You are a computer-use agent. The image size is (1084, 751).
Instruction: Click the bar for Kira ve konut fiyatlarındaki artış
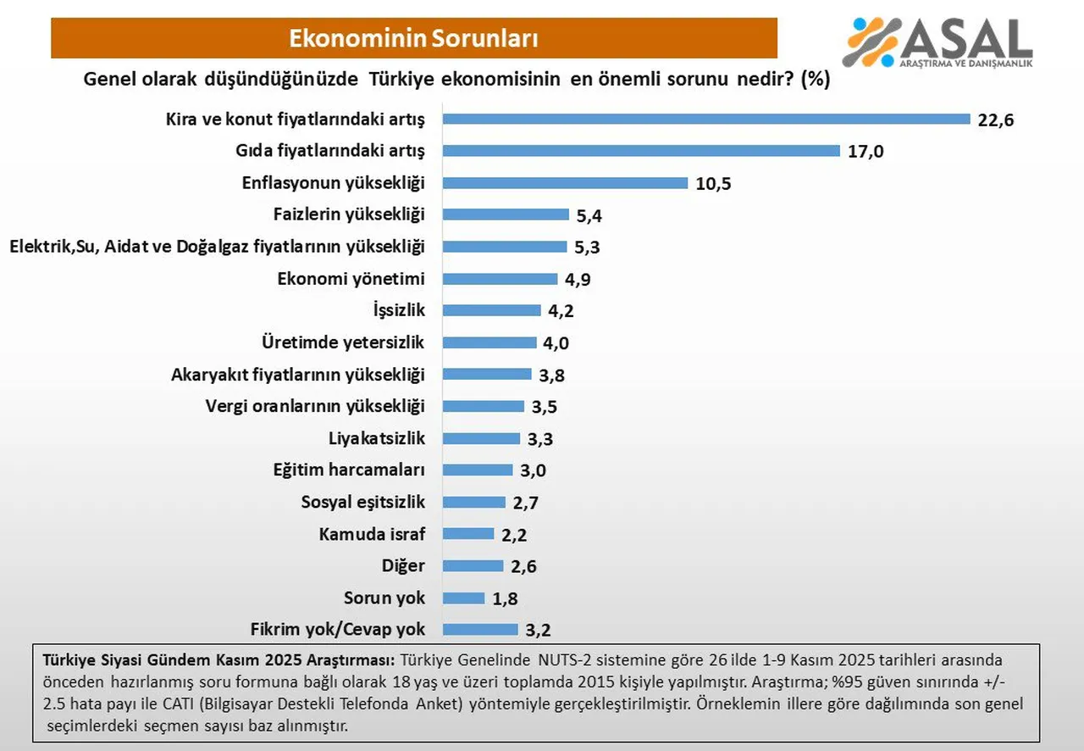(706, 119)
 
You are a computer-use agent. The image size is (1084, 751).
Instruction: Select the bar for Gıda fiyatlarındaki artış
(641, 151)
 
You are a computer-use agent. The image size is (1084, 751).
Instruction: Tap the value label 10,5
(713, 183)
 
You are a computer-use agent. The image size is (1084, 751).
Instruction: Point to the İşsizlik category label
(398, 310)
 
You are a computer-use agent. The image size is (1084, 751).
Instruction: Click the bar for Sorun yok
(463, 598)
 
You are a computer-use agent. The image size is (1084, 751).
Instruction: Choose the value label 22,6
(996, 120)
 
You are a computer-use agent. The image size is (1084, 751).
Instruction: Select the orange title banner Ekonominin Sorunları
(414, 38)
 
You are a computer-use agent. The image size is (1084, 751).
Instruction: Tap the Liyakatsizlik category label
(376, 438)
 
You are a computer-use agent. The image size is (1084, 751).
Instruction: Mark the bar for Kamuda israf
(468, 534)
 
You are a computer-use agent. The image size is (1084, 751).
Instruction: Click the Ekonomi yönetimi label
(351, 279)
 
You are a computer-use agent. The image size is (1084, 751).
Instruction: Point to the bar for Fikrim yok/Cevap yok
(479, 630)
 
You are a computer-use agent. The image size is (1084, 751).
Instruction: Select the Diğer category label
(403, 565)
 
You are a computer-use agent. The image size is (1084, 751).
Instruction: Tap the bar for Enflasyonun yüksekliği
(565, 183)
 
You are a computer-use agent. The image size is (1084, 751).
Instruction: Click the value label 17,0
(866, 152)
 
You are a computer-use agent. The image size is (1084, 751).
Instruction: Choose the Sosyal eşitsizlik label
(362, 502)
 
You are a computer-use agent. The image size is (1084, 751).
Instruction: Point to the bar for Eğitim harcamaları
(478, 470)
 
